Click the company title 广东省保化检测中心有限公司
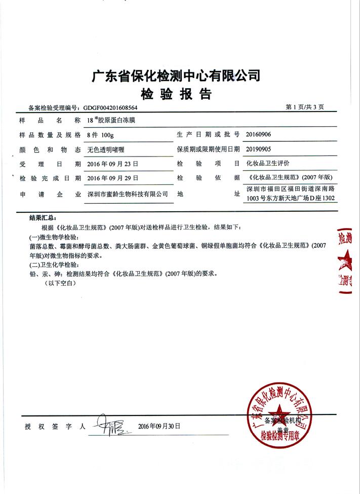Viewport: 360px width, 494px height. tap(175, 76)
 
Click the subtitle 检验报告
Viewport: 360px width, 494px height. tap(175, 94)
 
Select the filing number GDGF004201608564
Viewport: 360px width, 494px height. tap(110, 108)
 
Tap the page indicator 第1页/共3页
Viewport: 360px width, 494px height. tap(308, 107)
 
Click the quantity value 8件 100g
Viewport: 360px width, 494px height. tap(101, 135)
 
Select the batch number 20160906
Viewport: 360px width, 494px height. tap(262, 135)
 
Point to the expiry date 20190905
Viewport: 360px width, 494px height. tap(262, 149)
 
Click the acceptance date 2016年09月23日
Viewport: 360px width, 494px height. tap(113, 164)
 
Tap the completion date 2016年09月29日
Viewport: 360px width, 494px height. tap(113, 179)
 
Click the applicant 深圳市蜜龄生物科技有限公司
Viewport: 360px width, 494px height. tap(128, 195)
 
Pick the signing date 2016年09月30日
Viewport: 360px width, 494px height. tap(158, 426)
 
